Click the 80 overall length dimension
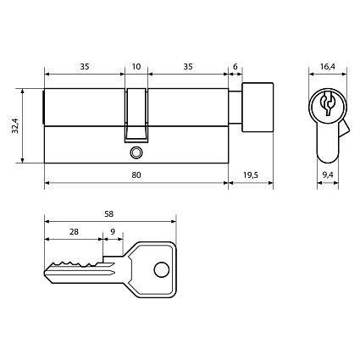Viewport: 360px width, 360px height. (136, 174)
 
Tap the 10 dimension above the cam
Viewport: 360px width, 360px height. (136, 64)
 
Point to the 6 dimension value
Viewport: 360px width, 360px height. (235, 64)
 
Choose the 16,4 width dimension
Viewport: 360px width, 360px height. (328, 64)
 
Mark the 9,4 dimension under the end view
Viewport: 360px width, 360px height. (328, 174)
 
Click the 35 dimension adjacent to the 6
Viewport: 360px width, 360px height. (187, 64)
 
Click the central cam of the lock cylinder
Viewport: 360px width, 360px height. (136, 114)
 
